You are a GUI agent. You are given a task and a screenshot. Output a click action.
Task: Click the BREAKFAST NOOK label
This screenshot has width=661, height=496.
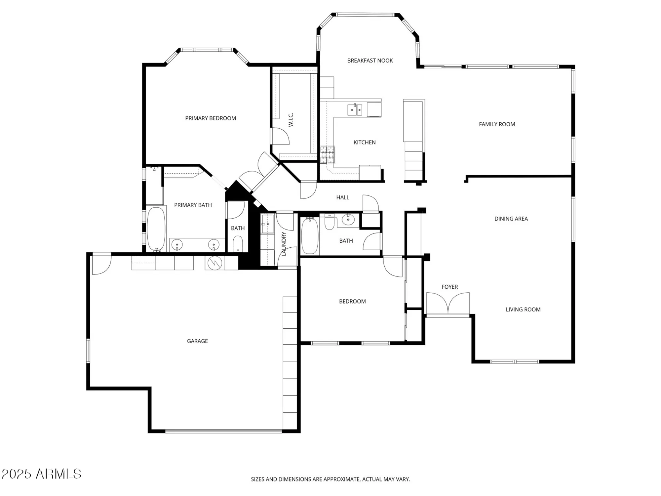click(370, 61)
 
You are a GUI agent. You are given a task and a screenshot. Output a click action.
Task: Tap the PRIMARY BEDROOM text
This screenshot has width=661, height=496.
click(211, 118)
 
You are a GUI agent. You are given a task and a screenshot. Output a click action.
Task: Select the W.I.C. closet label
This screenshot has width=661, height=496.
click(291, 120)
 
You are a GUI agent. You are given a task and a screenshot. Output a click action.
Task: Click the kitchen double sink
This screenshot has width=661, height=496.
click(355, 110)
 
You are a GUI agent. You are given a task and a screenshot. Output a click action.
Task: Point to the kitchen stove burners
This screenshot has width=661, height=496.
click(327, 155)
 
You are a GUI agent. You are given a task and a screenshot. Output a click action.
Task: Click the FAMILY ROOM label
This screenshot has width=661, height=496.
click(497, 124)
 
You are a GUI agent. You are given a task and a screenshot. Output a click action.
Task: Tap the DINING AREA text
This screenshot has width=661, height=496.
click(511, 219)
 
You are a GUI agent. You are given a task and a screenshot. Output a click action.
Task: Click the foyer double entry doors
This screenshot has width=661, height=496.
click(448, 304)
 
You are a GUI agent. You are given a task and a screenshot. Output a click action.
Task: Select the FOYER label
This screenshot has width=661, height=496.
click(449, 287)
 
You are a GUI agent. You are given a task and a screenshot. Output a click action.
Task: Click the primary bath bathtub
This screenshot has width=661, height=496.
click(156, 229)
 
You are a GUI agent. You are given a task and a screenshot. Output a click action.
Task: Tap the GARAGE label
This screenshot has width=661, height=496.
click(197, 341)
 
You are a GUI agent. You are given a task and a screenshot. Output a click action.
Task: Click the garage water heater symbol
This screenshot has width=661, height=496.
click(214, 263)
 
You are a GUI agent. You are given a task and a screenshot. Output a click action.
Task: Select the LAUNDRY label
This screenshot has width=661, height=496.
click(284, 244)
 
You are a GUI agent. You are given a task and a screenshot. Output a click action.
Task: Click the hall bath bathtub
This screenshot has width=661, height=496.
click(310, 236)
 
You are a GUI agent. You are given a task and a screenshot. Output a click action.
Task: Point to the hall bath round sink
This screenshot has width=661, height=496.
click(348, 220)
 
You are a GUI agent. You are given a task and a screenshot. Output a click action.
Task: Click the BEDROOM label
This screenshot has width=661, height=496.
click(352, 302)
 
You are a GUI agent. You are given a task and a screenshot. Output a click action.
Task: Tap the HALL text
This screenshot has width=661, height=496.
click(343, 197)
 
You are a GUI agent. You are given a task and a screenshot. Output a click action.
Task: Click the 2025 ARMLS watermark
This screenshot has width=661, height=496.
click(41, 474)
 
